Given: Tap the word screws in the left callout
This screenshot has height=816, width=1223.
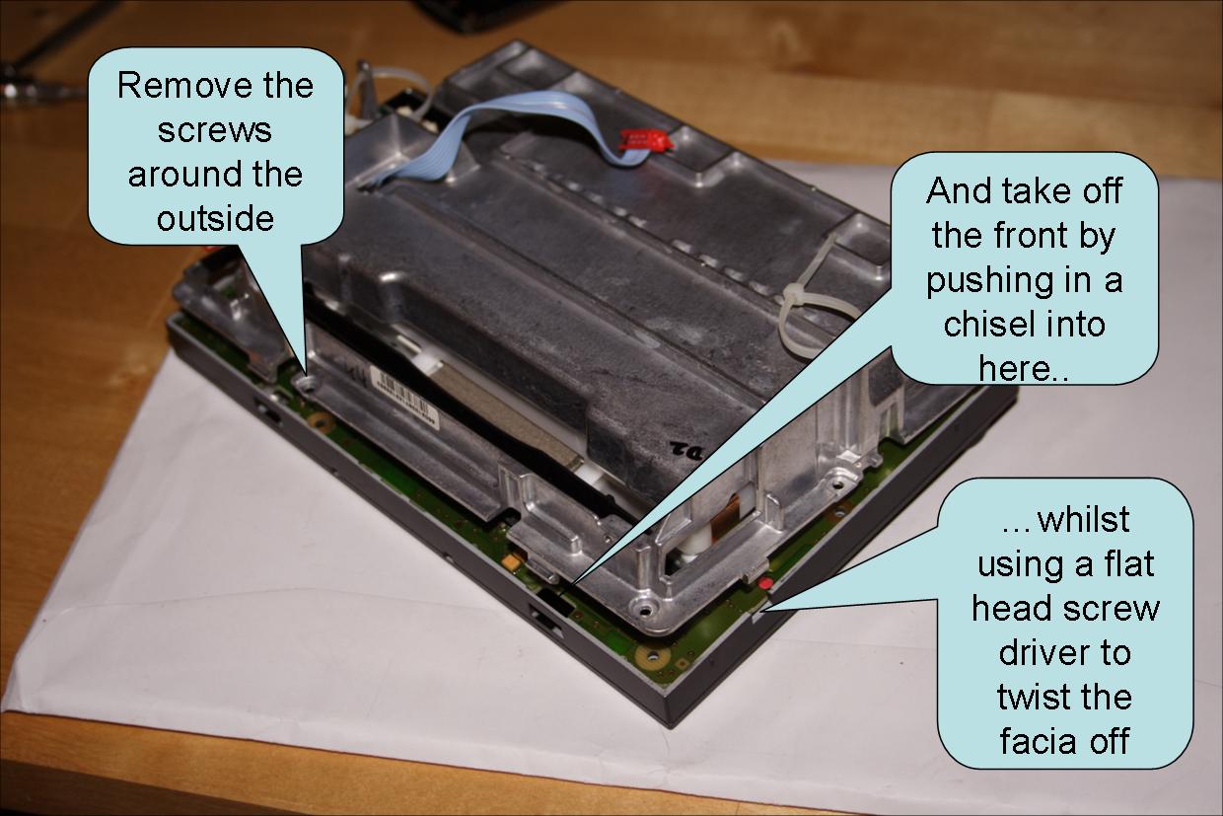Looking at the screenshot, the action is tap(215, 130).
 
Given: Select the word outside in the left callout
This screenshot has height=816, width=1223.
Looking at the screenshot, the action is tap(215, 218).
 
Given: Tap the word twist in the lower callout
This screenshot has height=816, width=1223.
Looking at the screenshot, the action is tap(1028, 697).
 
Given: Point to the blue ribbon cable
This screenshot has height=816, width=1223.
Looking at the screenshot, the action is tap(503, 130).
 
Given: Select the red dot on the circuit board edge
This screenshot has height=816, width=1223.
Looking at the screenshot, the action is tap(765, 583).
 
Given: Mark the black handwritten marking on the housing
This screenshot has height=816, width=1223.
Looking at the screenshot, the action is tap(687, 451).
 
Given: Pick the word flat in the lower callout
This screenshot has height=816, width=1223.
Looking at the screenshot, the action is tap(1128, 563).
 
